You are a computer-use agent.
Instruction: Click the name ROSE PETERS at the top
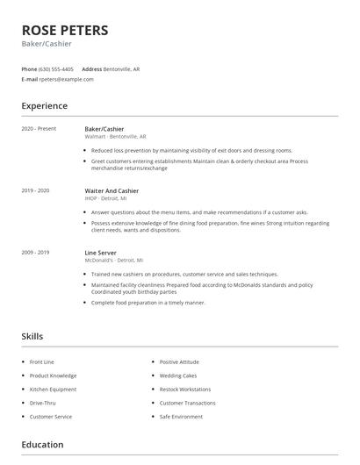pyautogui.click(x=65, y=30)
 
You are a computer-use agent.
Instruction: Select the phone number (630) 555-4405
pyautogui.click(x=56, y=68)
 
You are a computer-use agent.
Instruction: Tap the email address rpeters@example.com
pyautogui.click(x=66, y=79)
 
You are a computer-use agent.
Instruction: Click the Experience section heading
pyautogui.click(x=44, y=106)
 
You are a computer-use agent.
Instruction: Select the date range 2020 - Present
pyautogui.click(x=39, y=129)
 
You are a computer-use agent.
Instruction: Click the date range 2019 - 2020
pyautogui.click(x=35, y=190)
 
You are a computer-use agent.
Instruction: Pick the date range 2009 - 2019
pyautogui.click(x=35, y=253)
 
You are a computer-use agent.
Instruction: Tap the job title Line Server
pyautogui.click(x=101, y=253)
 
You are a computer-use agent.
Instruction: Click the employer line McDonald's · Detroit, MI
pyautogui.click(x=113, y=261)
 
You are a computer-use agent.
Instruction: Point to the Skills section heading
pyautogui.click(x=32, y=336)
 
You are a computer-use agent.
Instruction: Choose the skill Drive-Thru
pyautogui.click(x=44, y=403)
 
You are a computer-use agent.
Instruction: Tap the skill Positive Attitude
pyautogui.click(x=179, y=361)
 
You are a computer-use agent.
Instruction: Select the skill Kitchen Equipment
pyautogui.click(x=52, y=389)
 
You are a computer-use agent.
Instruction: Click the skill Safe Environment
pyautogui.click(x=181, y=417)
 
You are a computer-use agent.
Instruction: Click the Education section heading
pyautogui.click(x=42, y=445)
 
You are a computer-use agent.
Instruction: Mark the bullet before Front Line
pyautogui.click(x=22, y=361)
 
